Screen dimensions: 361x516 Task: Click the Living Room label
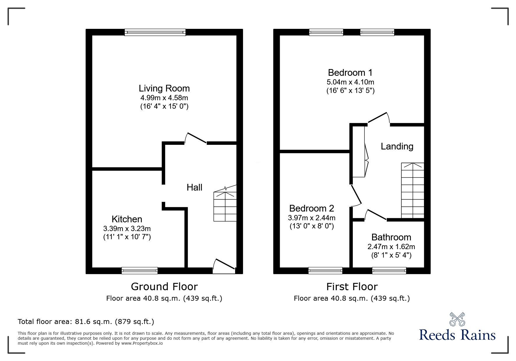click(x=164, y=88)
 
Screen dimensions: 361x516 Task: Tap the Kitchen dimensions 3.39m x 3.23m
click(x=127, y=228)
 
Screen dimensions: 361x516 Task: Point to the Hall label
click(x=194, y=187)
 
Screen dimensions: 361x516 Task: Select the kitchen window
click(x=140, y=271)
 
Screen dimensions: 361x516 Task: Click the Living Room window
click(x=155, y=32)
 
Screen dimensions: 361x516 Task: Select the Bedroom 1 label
click(x=350, y=72)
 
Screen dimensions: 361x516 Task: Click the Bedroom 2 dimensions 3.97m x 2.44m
click(x=311, y=218)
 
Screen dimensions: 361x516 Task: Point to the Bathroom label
click(x=391, y=237)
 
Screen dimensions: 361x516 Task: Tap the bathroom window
click(x=389, y=271)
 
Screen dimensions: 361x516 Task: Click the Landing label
click(x=397, y=146)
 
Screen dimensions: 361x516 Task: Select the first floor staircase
click(x=413, y=191)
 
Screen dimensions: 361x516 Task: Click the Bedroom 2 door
click(x=357, y=195)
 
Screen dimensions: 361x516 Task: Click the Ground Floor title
click(x=164, y=287)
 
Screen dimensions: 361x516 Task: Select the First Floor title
click(x=352, y=287)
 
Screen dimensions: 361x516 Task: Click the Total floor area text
click(x=86, y=322)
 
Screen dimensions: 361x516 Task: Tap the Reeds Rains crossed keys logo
click(x=457, y=319)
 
